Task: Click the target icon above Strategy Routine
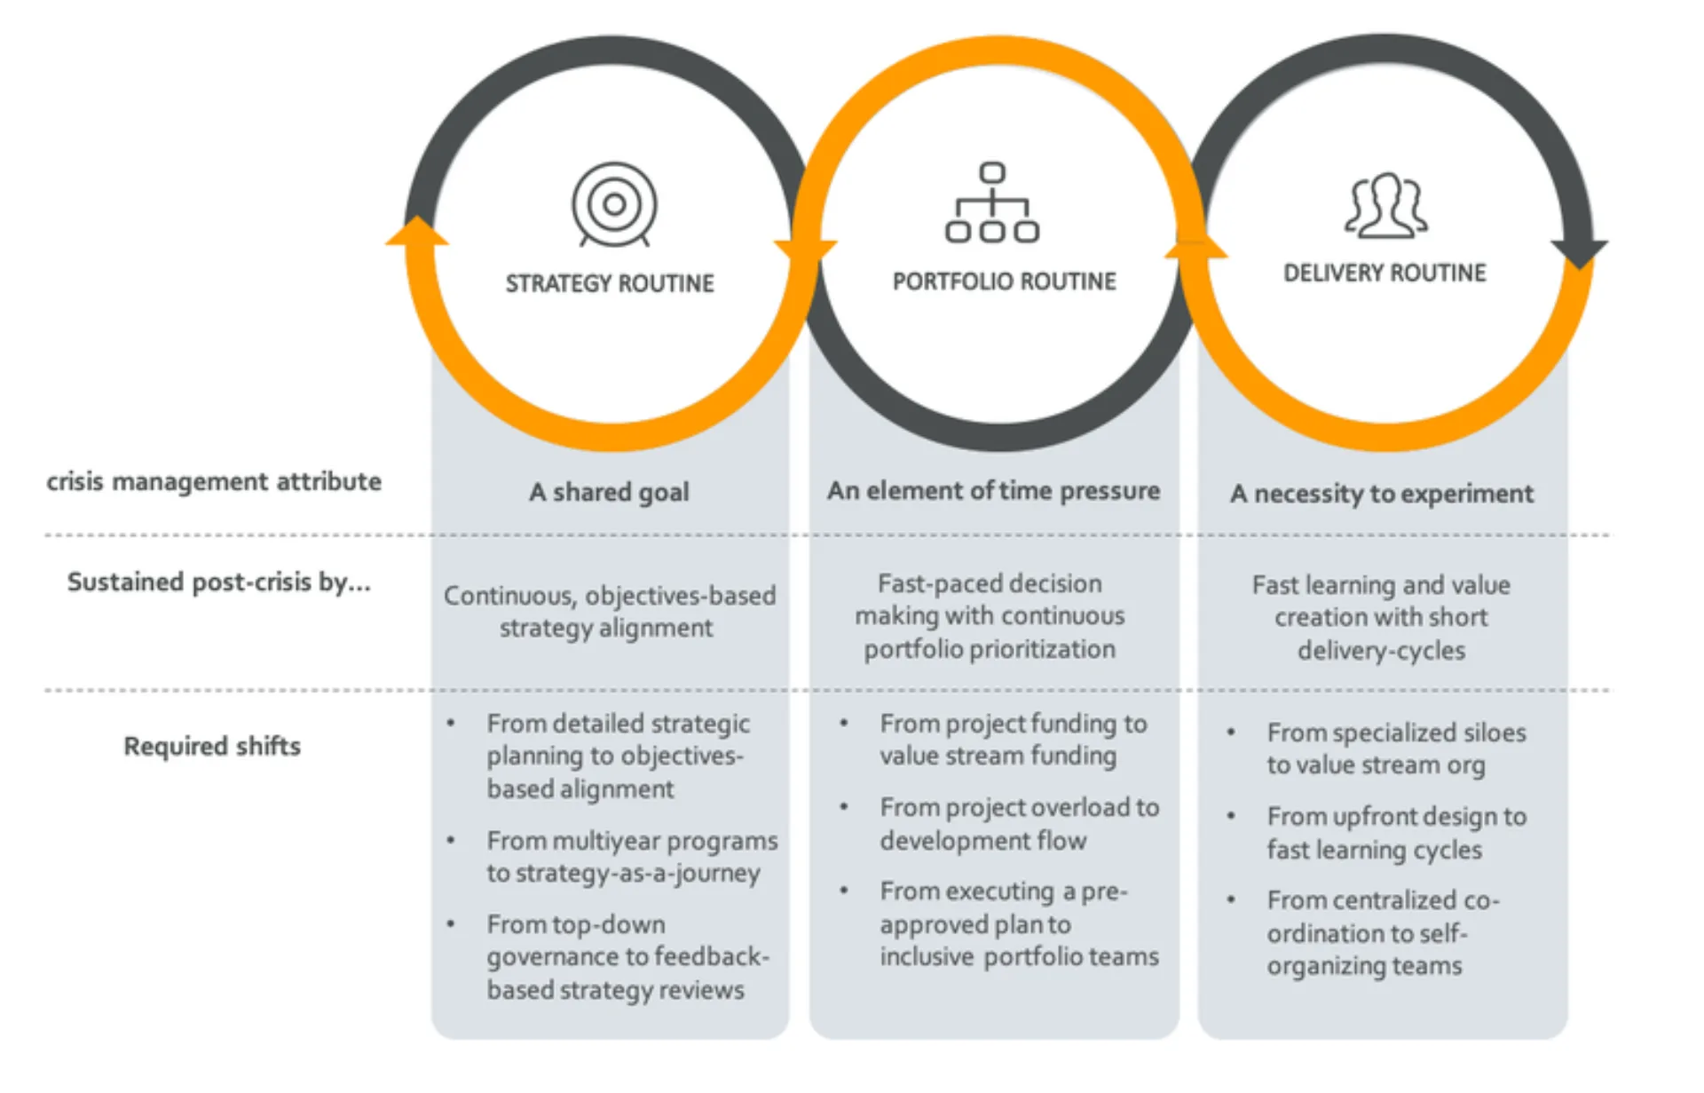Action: [614, 204]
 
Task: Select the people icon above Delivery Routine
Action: [1385, 206]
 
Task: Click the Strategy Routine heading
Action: [610, 283]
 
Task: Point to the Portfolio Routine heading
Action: [1004, 281]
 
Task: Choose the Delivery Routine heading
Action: [1384, 273]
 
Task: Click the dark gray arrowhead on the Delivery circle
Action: [1579, 252]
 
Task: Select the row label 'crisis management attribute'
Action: [214, 481]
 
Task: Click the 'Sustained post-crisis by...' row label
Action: [218, 582]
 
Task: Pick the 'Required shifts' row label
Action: [212, 746]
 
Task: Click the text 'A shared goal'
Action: [609, 492]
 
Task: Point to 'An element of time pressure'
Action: [993, 490]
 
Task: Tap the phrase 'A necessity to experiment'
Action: [1382, 494]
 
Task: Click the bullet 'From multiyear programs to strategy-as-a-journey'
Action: [631, 857]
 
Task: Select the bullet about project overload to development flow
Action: [1019, 824]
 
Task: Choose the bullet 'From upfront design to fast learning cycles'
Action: [1396, 833]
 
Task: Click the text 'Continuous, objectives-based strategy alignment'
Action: [609, 611]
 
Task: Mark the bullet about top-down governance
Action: [627, 957]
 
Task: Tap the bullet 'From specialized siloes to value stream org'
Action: [1396, 748]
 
